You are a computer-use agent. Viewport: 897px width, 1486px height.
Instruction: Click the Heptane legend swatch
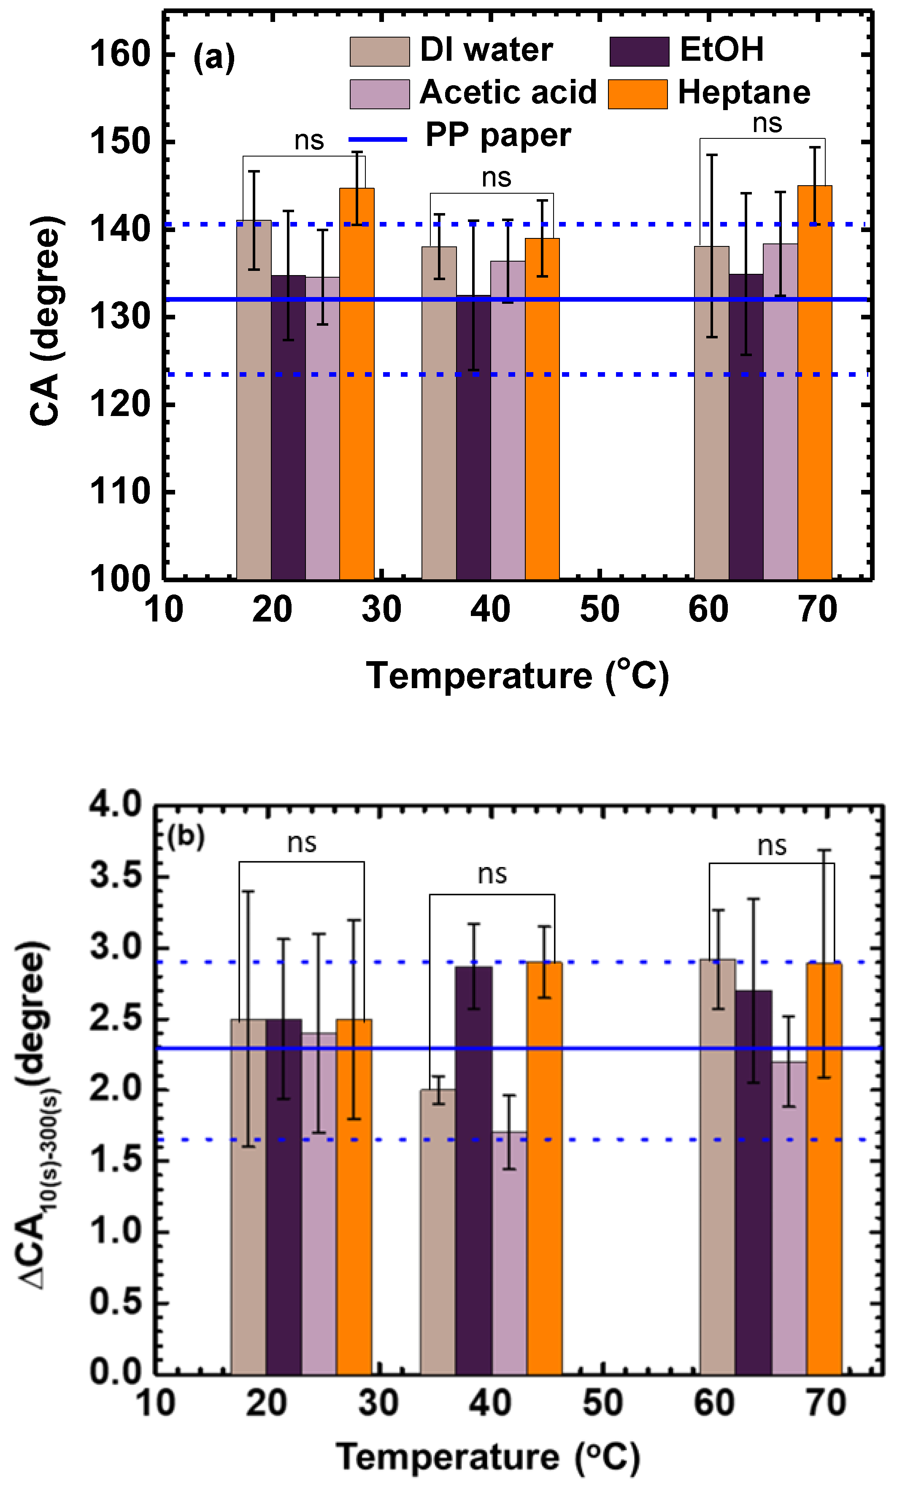637,94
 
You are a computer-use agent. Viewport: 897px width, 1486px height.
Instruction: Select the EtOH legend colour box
638,51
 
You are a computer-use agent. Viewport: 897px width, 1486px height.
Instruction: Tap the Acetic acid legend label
508,92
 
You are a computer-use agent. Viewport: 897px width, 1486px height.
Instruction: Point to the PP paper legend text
498,135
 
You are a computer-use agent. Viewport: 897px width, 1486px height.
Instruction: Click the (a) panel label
213,58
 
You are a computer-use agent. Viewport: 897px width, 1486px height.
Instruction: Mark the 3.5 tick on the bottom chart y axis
115,875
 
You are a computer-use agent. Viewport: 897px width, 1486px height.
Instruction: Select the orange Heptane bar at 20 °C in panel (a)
357,386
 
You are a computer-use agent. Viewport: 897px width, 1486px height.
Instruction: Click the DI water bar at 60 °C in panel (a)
711,416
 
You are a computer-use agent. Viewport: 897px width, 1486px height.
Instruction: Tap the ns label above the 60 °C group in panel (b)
772,846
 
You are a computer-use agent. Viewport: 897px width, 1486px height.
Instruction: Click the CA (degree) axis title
46,320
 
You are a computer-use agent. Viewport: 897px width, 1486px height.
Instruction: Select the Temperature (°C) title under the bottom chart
487,1457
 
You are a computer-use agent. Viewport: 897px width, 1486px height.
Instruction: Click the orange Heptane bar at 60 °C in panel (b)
824,1170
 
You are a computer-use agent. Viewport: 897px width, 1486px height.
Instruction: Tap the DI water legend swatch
379,51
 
